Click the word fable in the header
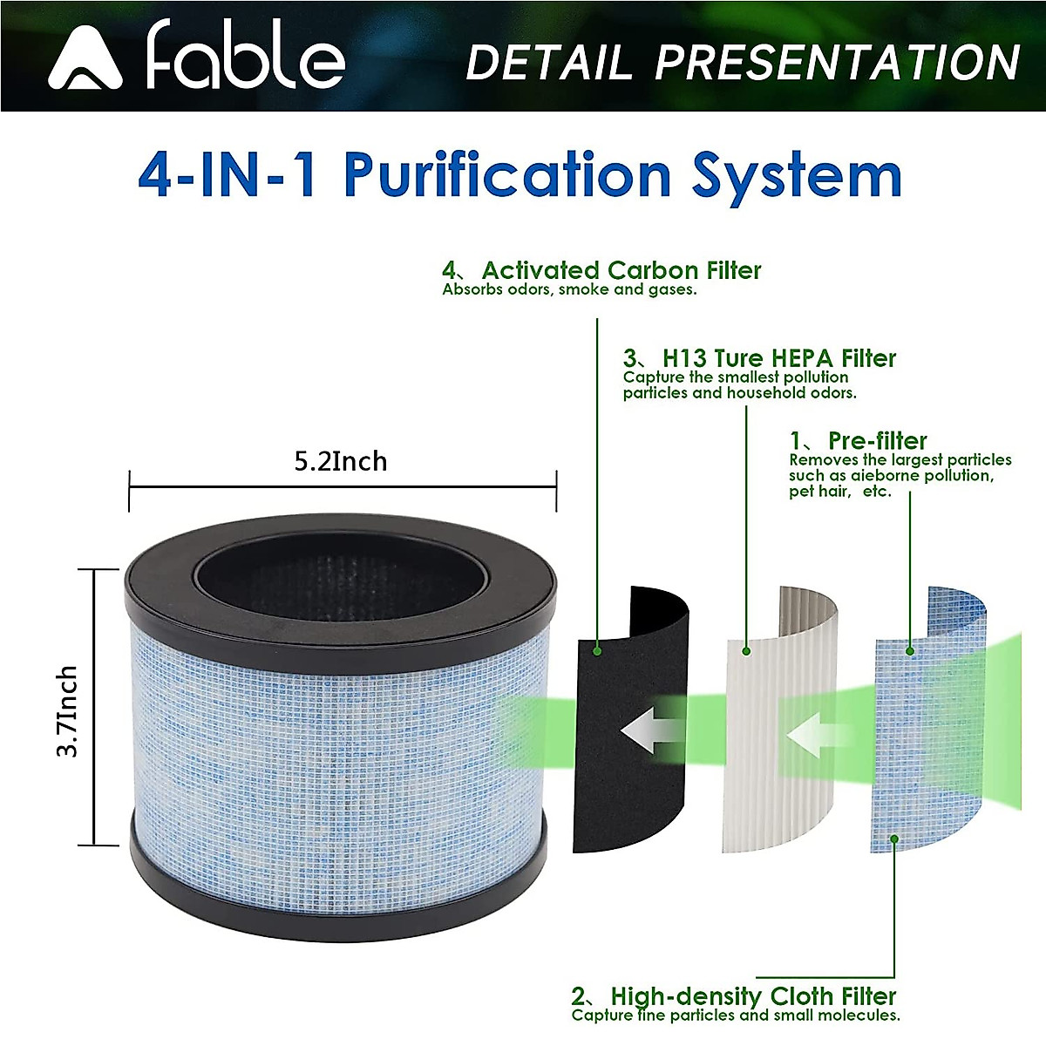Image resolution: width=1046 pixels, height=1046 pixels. (246, 57)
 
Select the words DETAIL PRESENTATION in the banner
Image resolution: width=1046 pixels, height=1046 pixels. (743, 63)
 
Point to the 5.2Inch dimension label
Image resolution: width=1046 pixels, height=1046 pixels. (340, 461)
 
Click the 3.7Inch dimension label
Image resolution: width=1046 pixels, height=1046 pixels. (67, 710)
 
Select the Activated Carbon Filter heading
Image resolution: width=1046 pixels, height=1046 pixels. (621, 270)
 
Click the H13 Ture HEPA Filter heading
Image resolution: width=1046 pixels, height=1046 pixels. (778, 358)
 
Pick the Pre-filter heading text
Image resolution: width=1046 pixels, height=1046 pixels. (877, 440)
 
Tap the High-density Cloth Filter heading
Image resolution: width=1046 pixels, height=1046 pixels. (753, 995)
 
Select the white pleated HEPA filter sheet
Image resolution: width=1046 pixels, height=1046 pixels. (767, 802)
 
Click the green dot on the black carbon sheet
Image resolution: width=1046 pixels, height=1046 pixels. (597, 649)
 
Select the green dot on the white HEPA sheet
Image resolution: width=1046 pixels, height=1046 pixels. (746, 650)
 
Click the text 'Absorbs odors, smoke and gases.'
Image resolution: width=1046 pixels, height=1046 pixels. (569, 289)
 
